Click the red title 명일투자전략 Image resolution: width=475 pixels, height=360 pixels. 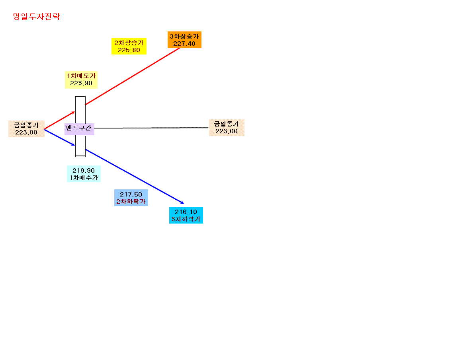37,16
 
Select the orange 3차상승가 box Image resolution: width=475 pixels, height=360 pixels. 184,40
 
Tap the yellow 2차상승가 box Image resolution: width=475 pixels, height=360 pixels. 129,46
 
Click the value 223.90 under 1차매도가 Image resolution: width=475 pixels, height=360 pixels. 81,83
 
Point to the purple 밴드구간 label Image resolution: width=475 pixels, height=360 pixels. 79,129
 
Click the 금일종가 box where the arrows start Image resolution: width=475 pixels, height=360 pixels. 26,128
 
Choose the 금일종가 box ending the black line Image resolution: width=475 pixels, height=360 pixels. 227,127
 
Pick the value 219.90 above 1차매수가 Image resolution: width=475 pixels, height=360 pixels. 84,171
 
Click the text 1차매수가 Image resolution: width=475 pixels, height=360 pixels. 84,178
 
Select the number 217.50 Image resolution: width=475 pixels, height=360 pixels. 131,195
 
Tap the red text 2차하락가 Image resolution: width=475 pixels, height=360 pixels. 131,202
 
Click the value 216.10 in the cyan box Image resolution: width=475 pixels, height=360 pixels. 186,212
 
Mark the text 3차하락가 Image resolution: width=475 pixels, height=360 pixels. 186,219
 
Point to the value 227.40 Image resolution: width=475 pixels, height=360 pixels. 184,44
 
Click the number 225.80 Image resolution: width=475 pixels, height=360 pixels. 129,50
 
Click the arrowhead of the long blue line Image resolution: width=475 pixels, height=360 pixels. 183,203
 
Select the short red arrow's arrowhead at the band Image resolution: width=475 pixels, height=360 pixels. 74,112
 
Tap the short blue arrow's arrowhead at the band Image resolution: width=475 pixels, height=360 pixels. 74,145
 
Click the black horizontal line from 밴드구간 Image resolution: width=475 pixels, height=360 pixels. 151,128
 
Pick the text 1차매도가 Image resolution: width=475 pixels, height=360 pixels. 81,76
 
